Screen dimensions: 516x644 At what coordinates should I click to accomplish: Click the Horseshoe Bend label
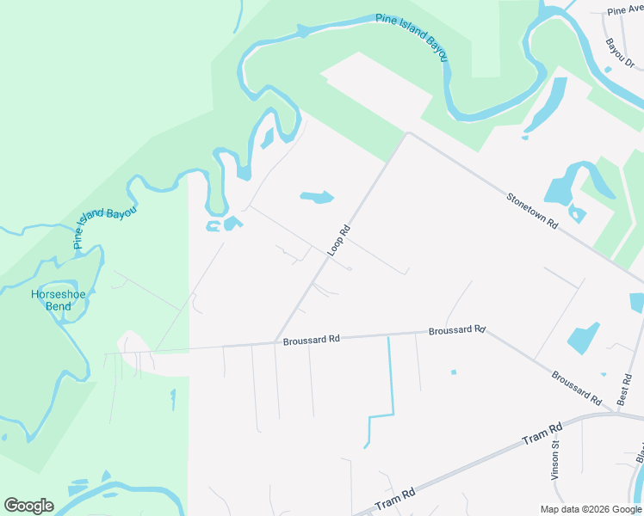[x=52, y=299]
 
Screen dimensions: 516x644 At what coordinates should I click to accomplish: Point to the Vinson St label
[x=555, y=460]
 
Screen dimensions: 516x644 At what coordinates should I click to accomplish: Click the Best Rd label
[x=624, y=389]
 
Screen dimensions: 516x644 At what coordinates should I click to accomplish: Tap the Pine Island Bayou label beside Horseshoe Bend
[x=105, y=227]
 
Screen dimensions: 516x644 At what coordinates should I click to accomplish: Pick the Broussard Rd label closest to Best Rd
[x=576, y=388]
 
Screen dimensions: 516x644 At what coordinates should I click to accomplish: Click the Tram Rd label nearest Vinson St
[x=542, y=433]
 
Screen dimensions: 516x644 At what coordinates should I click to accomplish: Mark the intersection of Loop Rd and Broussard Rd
[x=275, y=342]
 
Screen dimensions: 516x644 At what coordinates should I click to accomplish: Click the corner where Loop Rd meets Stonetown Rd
[x=407, y=134]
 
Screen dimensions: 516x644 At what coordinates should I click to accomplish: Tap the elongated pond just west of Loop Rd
[x=316, y=198]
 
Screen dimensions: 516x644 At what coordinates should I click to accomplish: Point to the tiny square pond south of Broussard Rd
[x=453, y=372]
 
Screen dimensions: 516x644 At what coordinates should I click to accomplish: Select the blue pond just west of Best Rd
[x=584, y=337]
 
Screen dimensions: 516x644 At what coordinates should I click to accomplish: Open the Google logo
[x=28, y=506]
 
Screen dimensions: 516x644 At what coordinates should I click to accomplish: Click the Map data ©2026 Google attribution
[x=591, y=509]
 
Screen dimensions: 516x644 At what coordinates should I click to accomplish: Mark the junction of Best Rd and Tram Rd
[x=620, y=414]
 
